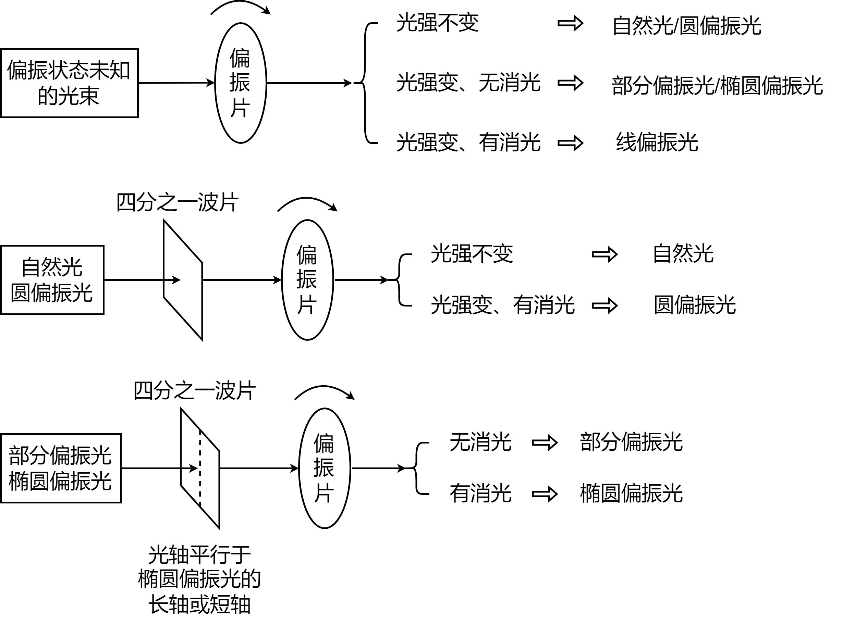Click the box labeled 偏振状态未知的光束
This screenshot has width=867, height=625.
tap(69, 83)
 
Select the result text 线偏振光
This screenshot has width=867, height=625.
tap(657, 142)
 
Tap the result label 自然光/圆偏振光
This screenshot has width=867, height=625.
tap(686, 26)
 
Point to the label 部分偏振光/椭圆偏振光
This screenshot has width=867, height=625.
tap(717, 86)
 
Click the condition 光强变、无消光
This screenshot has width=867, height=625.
tap(468, 83)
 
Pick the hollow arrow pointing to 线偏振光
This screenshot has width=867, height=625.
tap(570, 143)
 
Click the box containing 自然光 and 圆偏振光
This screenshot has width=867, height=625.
tap(52, 280)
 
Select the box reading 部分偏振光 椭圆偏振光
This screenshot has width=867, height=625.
tap(61, 468)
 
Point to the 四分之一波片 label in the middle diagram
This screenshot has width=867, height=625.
tap(178, 202)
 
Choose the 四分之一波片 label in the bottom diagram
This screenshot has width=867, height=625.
tap(195, 391)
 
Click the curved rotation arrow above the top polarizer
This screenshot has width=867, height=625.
tap(241, 7)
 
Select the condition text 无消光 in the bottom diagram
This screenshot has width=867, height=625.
tap(480, 442)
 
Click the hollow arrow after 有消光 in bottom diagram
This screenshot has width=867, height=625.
tap(545, 494)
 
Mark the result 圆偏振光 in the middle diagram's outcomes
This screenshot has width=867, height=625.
tap(695, 305)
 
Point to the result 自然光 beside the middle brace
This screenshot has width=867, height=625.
tap(683, 254)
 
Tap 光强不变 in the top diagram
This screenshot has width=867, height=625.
tap(437, 23)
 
